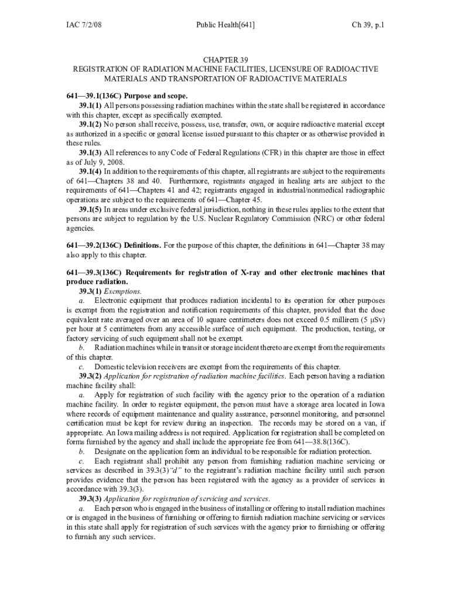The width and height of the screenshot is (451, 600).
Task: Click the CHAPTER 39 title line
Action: pyautogui.click(x=225, y=60)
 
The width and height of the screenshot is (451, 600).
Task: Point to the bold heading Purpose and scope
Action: pyautogui.click(x=155, y=96)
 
